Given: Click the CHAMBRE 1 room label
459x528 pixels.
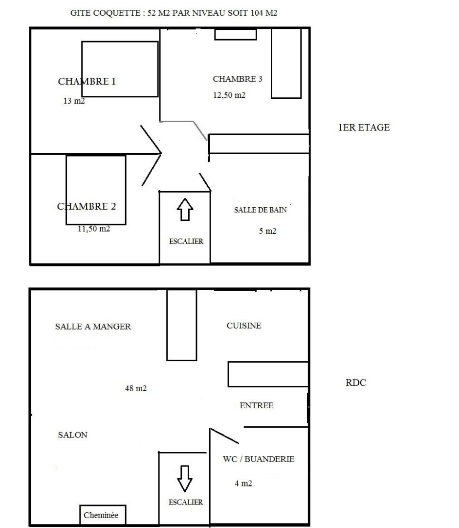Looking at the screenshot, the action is (87, 81).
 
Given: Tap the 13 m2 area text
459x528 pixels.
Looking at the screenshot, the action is (74, 101).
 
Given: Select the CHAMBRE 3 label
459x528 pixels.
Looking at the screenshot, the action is (238, 79).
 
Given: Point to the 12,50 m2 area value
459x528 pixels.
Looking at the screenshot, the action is (229, 95).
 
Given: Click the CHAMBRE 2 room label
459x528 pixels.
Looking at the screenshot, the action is (86, 206).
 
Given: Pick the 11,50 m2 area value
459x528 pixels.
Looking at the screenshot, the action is (94, 229).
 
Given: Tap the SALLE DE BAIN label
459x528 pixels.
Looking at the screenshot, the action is (261, 210).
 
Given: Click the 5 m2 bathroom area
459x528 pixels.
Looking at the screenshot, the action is (267, 231).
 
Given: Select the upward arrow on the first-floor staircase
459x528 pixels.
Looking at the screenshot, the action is (185, 209).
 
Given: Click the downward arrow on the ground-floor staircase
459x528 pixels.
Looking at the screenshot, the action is (185, 479).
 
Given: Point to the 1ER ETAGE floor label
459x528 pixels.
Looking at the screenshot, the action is (364, 127).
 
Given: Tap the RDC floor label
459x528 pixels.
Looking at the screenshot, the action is (356, 382).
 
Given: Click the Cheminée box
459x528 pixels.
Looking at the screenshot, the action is (103, 514).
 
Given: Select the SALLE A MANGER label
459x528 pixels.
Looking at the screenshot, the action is (93, 326).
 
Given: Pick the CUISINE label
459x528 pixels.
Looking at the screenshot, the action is (244, 326).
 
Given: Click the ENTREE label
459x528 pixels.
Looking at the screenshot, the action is (256, 405).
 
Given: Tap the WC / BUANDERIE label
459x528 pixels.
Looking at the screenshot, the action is (259, 459).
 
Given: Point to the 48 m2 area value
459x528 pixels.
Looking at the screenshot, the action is (136, 388).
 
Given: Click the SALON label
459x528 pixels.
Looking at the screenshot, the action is (72, 435).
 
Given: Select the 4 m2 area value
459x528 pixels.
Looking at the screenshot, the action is (243, 483).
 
